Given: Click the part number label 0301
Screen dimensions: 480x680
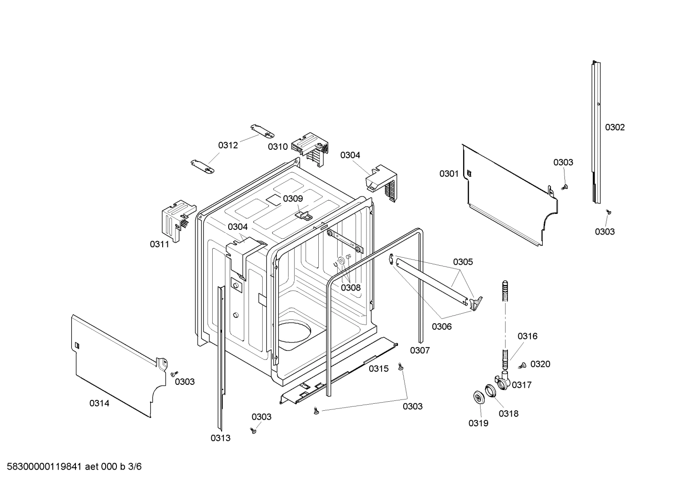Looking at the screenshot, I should click(x=448, y=174).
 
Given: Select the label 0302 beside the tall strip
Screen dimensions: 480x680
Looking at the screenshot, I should click(x=614, y=127).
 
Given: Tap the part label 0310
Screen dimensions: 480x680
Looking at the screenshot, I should click(x=278, y=146).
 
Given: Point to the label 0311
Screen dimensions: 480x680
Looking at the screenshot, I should click(x=159, y=244).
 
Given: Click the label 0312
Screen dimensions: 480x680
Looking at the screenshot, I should click(x=228, y=145).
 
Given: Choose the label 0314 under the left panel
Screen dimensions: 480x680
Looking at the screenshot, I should click(x=99, y=403).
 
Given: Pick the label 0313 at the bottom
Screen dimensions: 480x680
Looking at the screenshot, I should click(x=220, y=438).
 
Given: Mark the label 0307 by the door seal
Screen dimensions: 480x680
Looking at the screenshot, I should click(x=420, y=350).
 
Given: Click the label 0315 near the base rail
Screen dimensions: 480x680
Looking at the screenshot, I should click(x=379, y=368).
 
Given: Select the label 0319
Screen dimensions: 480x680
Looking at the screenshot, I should click(x=478, y=423).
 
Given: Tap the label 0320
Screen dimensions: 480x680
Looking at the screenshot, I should click(x=540, y=364).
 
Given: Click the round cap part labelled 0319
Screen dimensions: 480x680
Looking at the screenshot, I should click(x=480, y=397).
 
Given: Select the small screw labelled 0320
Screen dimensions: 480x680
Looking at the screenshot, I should click(x=522, y=365).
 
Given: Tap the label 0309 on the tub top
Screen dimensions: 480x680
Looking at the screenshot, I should click(x=293, y=198).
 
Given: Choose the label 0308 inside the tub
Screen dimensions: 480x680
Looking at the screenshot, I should click(x=350, y=287).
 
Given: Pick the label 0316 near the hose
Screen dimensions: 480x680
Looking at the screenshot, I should click(x=527, y=336).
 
